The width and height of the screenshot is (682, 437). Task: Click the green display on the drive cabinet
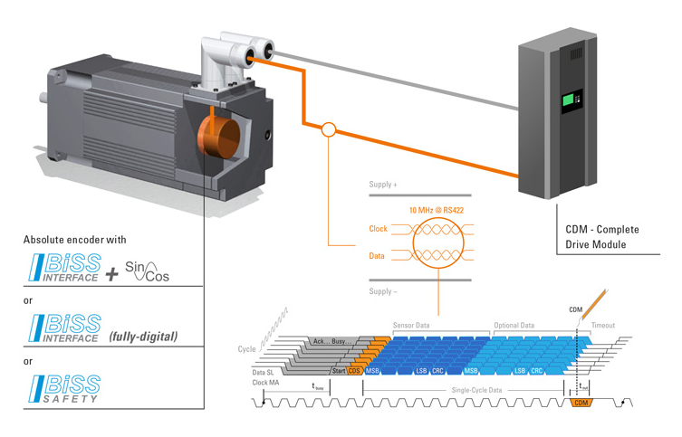click(x=572, y=101)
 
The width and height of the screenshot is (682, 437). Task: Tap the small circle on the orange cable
click(x=329, y=130)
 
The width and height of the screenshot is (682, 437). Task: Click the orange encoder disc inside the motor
click(x=218, y=136)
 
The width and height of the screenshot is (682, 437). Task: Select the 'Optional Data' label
click(x=515, y=324)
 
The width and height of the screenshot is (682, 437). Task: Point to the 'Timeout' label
click(x=604, y=324)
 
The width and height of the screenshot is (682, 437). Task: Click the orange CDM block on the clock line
click(x=581, y=404)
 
